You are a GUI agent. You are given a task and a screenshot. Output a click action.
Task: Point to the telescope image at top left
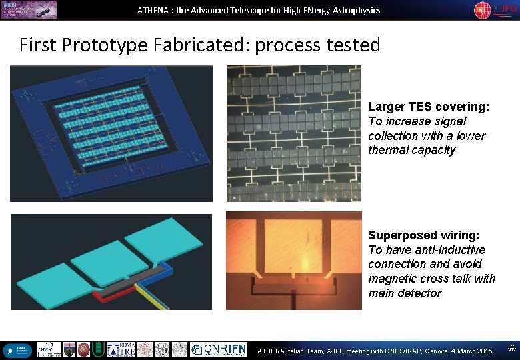(29, 9)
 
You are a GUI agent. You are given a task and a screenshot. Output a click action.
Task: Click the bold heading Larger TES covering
(429, 107)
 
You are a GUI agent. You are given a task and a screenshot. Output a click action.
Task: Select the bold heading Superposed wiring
(424, 235)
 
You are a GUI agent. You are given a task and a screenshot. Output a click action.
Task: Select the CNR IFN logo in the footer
(218, 349)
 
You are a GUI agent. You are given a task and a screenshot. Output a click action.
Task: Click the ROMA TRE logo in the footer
(121, 349)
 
